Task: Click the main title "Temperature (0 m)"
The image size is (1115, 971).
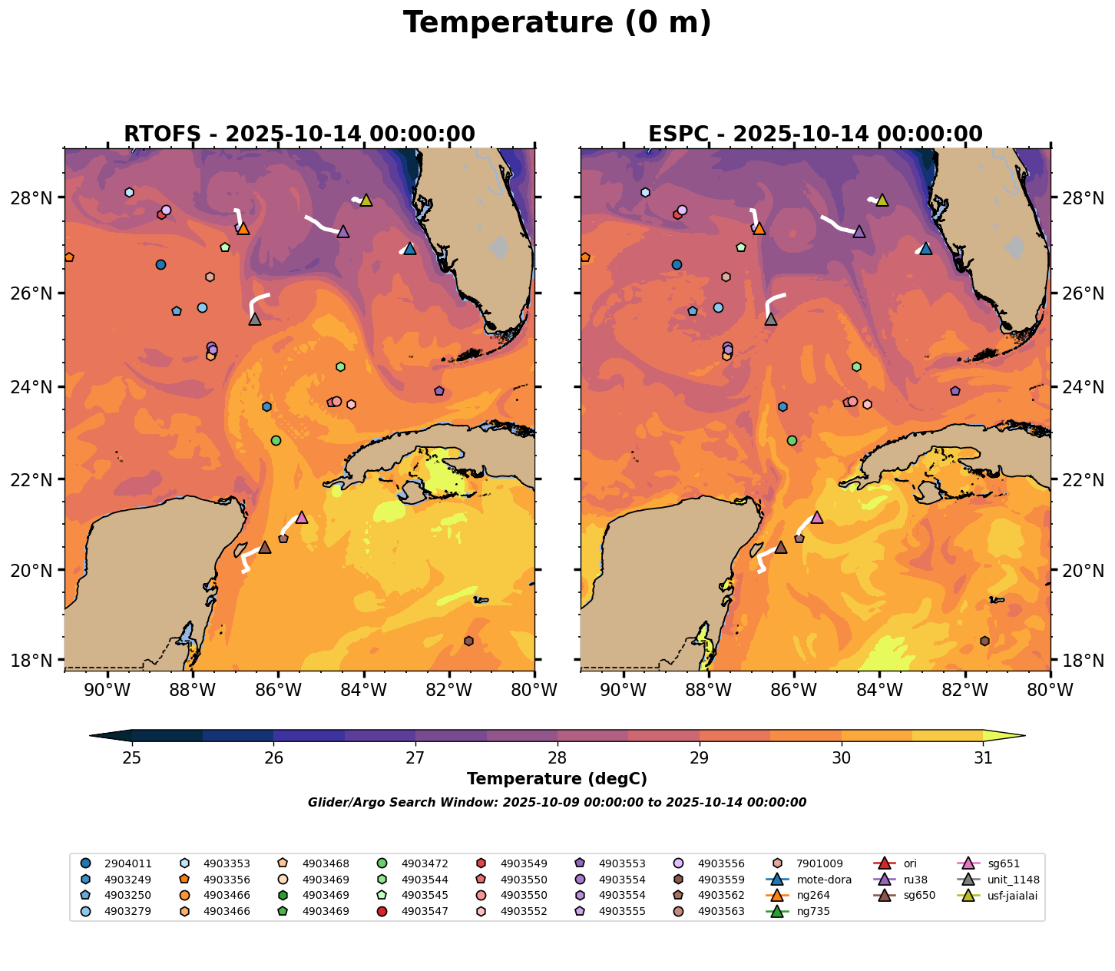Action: [557, 23]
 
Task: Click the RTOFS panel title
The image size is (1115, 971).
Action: [299, 134]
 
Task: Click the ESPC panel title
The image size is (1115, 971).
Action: [815, 134]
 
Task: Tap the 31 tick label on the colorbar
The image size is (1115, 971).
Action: [982, 757]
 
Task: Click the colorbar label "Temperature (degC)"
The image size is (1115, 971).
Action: [557, 779]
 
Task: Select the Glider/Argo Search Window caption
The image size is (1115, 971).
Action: [557, 803]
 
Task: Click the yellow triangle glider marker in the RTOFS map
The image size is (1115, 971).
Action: [366, 200]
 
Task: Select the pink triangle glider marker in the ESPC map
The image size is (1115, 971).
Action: [817, 518]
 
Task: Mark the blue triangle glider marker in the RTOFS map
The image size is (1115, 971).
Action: [409, 249]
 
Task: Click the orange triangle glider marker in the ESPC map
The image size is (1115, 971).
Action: [759, 228]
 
